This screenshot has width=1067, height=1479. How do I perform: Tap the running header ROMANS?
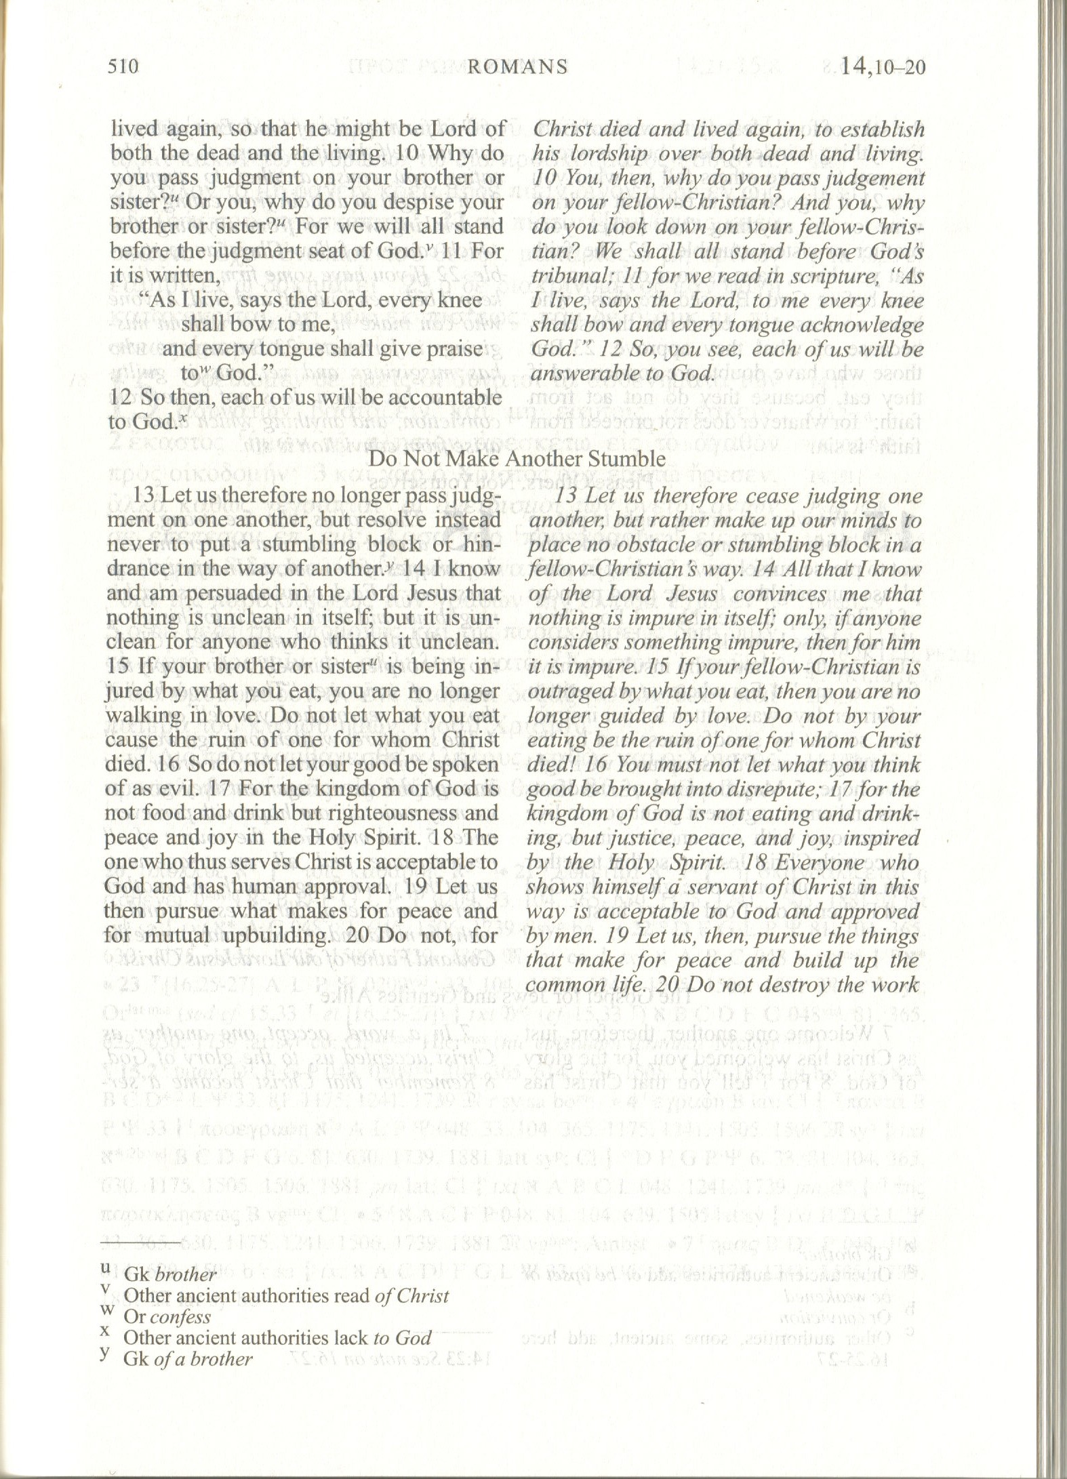coord(518,66)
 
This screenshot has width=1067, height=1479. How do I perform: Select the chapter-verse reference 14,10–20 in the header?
coord(882,67)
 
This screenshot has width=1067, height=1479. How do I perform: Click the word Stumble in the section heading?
coord(628,459)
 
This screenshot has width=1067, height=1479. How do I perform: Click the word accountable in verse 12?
coord(437,397)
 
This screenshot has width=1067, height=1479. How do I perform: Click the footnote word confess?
coord(180,1317)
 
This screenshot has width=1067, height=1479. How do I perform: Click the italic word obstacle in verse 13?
coord(637,546)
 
